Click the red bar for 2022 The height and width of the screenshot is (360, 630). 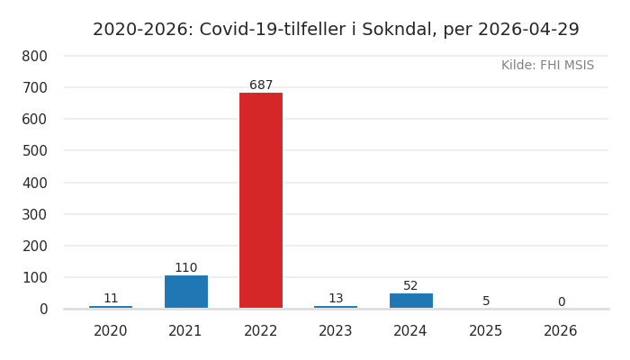[261, 200]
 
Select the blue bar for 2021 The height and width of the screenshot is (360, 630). [186, 292]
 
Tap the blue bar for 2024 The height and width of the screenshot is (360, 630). [410, 301]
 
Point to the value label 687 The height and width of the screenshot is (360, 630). [261, 85]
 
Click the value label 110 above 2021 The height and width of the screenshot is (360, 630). [186, 268]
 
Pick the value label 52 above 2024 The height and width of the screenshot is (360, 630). [410, 286]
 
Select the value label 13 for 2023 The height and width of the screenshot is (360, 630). [336, 299]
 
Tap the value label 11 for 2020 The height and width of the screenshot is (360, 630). [111, 299]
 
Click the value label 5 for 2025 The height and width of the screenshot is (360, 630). [486, 301]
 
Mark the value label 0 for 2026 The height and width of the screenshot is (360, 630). [561, 302]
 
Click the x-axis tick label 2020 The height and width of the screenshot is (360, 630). [111, 331]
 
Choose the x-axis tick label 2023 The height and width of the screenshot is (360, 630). [336, 331]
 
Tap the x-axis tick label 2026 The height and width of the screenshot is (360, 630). [561, 331]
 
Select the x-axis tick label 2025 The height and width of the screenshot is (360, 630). [486, 331]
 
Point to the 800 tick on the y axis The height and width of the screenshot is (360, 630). [34, 56]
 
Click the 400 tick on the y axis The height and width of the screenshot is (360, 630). [34, 183]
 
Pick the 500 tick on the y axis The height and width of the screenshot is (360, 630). [34, 151]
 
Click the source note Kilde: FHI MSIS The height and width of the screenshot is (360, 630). [547, 66]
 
